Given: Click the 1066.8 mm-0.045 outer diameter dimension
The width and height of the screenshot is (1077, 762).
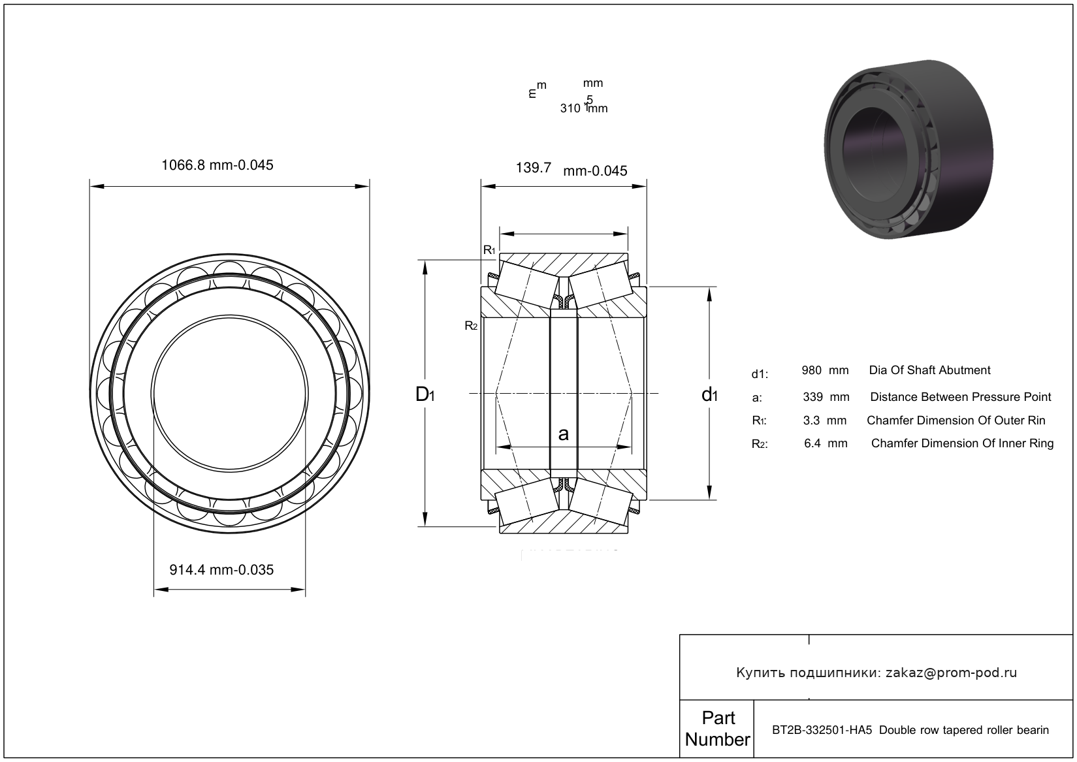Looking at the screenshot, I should pos(217,165).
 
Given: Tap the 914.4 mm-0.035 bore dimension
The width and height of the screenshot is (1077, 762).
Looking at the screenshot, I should pos(221,570).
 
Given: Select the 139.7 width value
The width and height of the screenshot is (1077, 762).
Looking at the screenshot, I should pos(534,168).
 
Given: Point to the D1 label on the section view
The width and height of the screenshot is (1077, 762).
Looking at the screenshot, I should pos(425,394).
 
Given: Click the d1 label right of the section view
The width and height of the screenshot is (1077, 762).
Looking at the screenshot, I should pos(709,394).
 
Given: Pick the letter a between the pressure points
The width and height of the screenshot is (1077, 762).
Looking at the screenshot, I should pos(564,434).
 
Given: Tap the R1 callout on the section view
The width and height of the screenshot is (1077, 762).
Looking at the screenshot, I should pos(489,250).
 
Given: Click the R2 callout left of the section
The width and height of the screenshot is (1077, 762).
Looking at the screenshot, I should pos(471,325).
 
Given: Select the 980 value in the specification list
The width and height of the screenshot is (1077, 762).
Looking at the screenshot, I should pos(812,370).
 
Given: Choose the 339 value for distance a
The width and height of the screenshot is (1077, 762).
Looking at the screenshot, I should pos(812,397).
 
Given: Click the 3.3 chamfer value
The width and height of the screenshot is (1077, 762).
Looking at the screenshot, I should pos(811,421).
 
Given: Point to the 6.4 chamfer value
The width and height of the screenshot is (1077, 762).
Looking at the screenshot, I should pos(812,444).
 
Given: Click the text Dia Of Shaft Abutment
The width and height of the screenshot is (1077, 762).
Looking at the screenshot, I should pos(929,370).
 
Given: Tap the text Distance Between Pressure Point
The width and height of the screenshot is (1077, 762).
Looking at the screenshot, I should pos(960,397).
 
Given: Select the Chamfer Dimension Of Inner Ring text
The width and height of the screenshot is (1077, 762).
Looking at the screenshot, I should pos(962,444).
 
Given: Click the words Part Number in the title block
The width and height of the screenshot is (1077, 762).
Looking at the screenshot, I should pos(717,729).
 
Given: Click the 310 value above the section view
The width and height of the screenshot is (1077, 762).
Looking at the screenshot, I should pos(570,108).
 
